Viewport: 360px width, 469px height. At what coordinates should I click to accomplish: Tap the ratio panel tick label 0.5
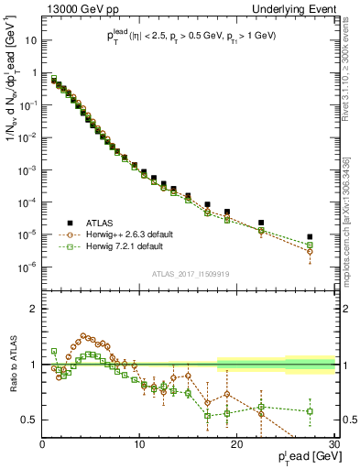tap(30, 420)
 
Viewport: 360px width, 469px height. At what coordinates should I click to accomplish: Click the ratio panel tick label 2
tap(35, 309)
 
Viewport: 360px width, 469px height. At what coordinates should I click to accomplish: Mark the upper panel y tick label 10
tap(30, 40)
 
